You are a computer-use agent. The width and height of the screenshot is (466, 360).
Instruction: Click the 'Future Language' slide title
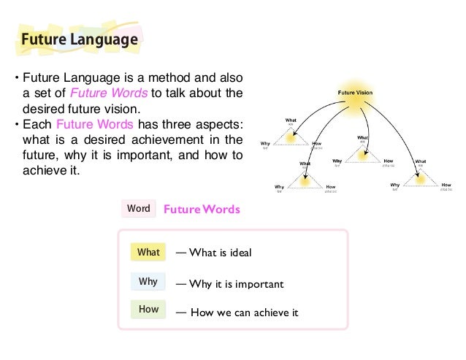pos(78,39)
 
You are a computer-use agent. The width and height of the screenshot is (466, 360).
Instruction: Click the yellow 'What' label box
pos(148,253)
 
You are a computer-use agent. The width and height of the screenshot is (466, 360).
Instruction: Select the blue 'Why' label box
pos(148,281)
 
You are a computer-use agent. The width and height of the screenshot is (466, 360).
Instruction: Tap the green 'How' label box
pos(148,309)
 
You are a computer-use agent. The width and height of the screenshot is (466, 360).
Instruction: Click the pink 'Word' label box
pos(139,209)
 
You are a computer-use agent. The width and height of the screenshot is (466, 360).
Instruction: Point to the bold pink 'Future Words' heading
pos(201,210)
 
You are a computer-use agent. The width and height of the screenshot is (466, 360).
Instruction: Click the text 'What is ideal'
pos(220,253)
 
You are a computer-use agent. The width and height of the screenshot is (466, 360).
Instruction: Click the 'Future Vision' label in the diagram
pos(355,92)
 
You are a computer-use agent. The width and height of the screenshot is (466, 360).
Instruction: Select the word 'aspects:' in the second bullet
pos(216,124)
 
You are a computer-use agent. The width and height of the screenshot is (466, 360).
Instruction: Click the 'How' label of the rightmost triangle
pos(446,185)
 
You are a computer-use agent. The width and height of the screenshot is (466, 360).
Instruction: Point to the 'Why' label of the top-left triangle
pos(265,144)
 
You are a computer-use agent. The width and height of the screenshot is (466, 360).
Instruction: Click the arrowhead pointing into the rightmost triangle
pos(421,167)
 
